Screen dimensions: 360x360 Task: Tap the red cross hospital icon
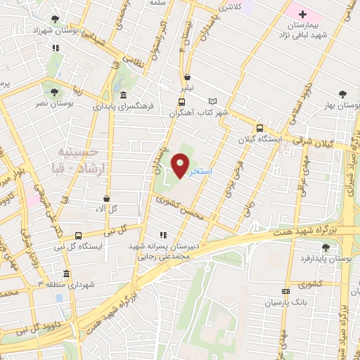tap(302, 14)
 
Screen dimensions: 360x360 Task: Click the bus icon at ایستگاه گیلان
tap(259, 128)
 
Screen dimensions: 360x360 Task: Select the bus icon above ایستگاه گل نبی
tap(77, 236)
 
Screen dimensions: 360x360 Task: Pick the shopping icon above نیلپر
tap(187, 78)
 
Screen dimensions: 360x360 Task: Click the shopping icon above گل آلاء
tap(105, 199)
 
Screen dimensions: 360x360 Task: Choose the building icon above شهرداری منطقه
tap(66, 274)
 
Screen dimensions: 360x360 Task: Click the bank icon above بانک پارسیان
tap(285, 291)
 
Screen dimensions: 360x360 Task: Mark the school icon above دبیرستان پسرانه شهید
tap(164, 236)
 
